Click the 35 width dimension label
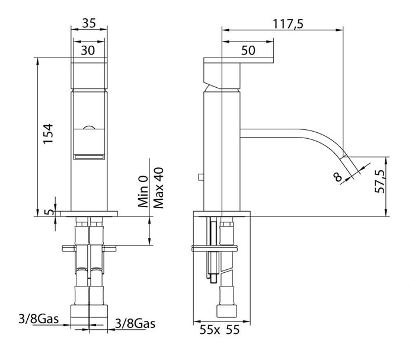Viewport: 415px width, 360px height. (89, 23)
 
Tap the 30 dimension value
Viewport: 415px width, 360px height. (88, 50)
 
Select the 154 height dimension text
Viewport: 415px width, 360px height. (48, 133)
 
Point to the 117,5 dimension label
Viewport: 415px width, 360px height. (288, 24)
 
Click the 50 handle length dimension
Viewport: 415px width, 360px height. (248, 50)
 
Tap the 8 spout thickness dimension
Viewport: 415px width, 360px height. (338, 177)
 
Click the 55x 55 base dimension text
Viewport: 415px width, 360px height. (219, 330)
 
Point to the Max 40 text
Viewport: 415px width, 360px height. (158, 188)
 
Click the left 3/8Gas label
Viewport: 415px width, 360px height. (39, 319)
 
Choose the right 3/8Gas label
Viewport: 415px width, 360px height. (135, 323)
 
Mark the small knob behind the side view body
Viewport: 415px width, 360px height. (201, 177)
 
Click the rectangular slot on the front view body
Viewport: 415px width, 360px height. (89, 157)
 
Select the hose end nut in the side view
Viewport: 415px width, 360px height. (226, 311)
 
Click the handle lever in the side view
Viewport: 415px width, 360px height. (238, 60)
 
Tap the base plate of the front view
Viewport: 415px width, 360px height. (89, 214)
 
